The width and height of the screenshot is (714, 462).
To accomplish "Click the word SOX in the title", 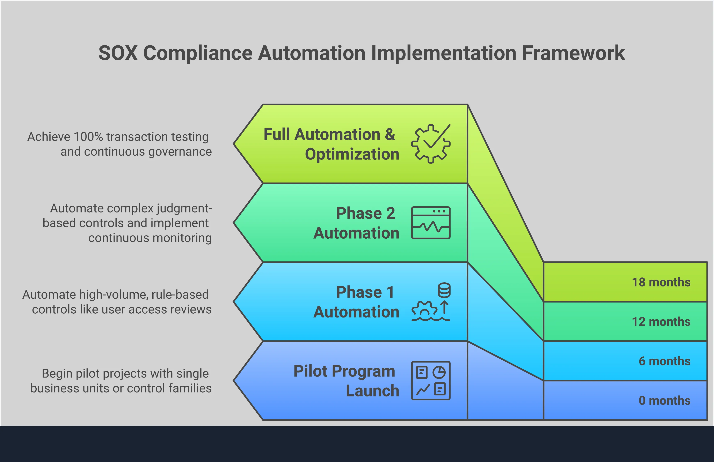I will [118, 53].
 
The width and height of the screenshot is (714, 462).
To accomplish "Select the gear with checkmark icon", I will [431, 144].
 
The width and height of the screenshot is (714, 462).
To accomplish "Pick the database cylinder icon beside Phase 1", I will [444, 290].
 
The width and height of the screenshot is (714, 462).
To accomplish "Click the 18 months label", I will [661, 282].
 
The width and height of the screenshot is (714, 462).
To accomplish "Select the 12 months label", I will [661, 322].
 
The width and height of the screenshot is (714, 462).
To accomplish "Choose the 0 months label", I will [664, 401].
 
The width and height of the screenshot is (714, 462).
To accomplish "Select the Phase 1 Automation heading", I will [356, 302].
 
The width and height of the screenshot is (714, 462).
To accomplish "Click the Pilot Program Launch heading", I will [346, 381].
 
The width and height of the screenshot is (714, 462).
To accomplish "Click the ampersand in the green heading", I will [390, 134].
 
